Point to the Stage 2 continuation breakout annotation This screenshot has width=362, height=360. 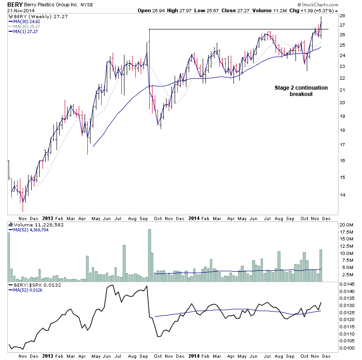pos(301,91)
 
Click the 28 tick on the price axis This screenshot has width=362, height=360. pos(343,15)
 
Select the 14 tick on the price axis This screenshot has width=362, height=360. pos(343,195)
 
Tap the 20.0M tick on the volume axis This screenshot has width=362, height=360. pos(348,225)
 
